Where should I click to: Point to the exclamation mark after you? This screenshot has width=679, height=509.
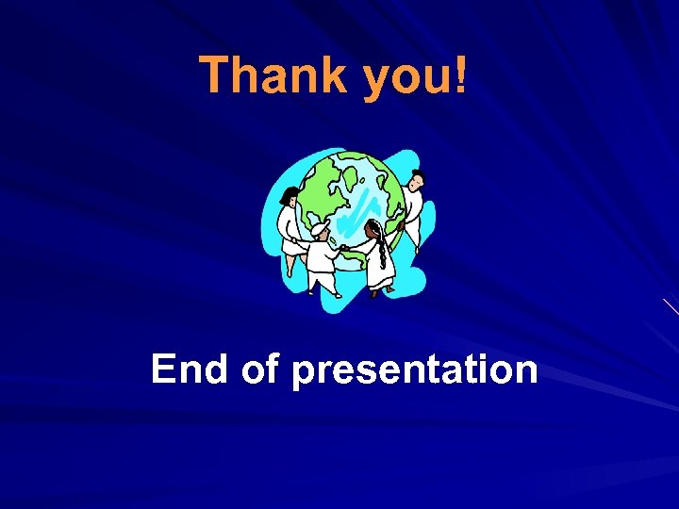point(459,74)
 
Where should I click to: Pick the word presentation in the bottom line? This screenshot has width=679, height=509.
point(415,370)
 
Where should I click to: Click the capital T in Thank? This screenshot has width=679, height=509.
point(215,74)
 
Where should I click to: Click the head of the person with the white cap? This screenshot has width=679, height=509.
point(321,230)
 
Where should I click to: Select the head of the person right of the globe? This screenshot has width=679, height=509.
point(416,178)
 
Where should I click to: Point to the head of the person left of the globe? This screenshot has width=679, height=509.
point(291,195)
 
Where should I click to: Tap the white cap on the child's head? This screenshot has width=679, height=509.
point(320,226)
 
